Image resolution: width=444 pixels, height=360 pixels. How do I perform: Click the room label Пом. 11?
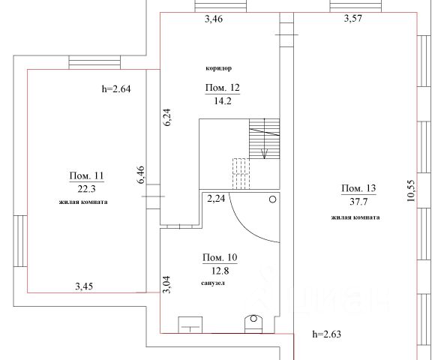pos(87,175)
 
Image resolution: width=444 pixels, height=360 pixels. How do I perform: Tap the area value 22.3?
pos(87,189)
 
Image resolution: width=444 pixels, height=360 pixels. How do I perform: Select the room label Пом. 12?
pos(223,88)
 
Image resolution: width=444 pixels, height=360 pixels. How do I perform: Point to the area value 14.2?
pos(223,100)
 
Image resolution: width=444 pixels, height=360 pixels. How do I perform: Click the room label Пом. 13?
pos(358,188)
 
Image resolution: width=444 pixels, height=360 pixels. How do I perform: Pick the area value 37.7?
pos(358,202)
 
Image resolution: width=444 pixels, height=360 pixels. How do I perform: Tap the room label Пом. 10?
pos(220,257)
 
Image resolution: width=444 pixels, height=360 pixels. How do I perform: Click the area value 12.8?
pos(220,271)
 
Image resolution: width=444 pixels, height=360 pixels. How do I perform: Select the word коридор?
pos(218,68)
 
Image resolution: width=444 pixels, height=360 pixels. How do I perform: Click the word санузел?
pos(213,283)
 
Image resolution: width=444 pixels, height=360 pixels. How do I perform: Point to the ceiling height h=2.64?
pos(116,89)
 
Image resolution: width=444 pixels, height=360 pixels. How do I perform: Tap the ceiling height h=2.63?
pos(326,334)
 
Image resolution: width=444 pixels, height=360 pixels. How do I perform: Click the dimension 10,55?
pos(410,190)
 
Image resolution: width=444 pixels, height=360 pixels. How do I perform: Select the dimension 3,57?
pos(353,19)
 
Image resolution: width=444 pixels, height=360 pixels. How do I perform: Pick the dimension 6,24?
pos(166,117)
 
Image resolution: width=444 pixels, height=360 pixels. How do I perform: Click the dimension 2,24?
pos(216,199)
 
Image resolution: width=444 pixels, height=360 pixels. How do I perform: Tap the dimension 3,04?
pos(166,285)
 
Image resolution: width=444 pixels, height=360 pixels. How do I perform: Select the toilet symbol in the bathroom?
pos(253,324)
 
